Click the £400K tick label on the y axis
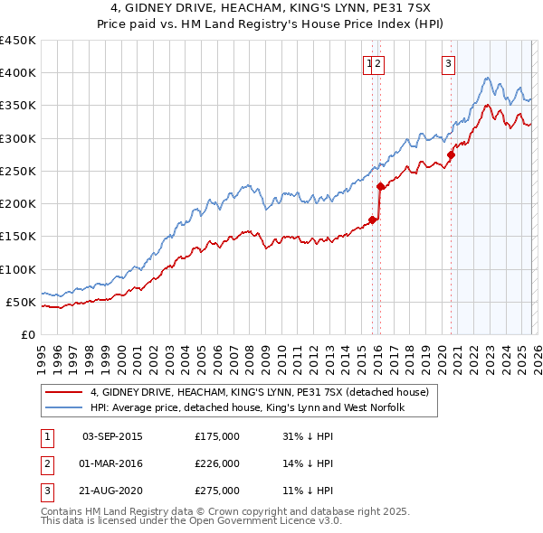point(17,73)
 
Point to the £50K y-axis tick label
point(21,302)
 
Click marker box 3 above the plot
point(449,63)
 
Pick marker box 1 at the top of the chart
point(369,63)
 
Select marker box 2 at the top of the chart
point(378,63)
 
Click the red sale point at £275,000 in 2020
point(451,154)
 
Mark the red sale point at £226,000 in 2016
point(380,187)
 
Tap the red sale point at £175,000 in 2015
point(372,220)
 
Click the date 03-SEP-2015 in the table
point(112,436)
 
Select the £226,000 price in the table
point(217,463)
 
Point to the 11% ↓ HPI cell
point(308,491)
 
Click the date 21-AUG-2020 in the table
point(112,491)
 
